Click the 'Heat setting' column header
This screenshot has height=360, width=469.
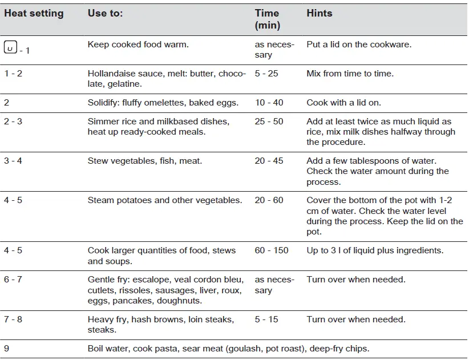click(x=34, y=13)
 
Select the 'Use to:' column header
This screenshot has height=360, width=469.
click(x=105, y=13)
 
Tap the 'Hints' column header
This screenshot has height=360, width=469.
click(x=319, y=13)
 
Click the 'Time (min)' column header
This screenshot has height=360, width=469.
click(x=267, y=19)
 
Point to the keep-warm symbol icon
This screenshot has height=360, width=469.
click(x=10, y=47)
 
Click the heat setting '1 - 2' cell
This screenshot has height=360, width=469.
click(x=13, y=74)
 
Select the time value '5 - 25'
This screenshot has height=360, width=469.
click(x=266, y=74)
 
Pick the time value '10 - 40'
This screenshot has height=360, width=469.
click(x=269, y=103)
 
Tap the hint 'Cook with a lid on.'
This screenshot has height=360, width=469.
click(x=343, y=103)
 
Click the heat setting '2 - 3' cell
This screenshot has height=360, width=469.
click(x=13, y=122)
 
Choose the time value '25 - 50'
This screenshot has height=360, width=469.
click(x=269, y=122)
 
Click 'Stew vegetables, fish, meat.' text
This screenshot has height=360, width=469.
click(x=145, y=161)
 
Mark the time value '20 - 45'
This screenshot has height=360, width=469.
click(x=269, y=161)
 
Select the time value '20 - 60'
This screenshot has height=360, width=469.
click(x=269, y=200)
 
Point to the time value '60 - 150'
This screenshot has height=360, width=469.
click(x=272, y=250)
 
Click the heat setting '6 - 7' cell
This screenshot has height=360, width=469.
click(x=13, y=280)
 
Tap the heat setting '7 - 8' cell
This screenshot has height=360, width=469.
click(x=13, y=319)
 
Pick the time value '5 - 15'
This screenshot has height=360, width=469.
click(x=266, y=319)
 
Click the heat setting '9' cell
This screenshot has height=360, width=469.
click(x=7, y=349)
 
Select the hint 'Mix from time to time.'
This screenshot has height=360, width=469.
click(x=350, y=74)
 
